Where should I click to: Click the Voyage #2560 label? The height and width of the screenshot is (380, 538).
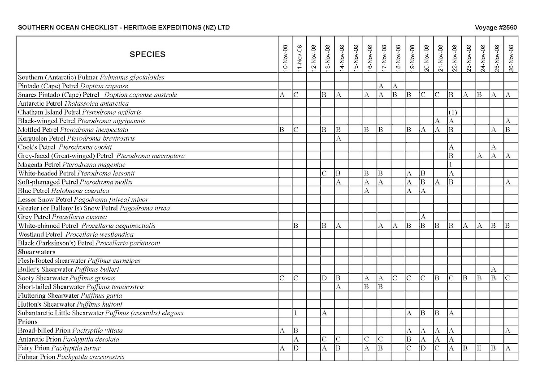coord(495,28)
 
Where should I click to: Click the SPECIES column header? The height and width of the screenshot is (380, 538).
coord(148,55)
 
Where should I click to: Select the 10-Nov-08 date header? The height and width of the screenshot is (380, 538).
coord(285,58)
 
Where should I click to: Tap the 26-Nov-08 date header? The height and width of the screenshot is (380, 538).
coord(512,58)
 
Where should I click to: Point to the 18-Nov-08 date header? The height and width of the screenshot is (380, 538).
coord(398,58)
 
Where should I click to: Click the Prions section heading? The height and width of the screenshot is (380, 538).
coord(28,322)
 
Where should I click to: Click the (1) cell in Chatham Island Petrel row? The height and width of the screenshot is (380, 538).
coord(452,112)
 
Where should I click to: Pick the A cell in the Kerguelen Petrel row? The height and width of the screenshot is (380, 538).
coord(339,139)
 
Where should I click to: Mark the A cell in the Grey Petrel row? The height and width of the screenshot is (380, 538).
coord(423,217)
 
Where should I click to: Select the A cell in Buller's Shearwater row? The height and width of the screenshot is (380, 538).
coord(494,269)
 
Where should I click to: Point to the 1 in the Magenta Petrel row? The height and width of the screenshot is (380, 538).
coord(451,165)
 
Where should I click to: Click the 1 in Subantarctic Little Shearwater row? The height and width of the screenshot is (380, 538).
coord(295,313)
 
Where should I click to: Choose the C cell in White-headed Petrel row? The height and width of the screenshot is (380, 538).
coord(324,174)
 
